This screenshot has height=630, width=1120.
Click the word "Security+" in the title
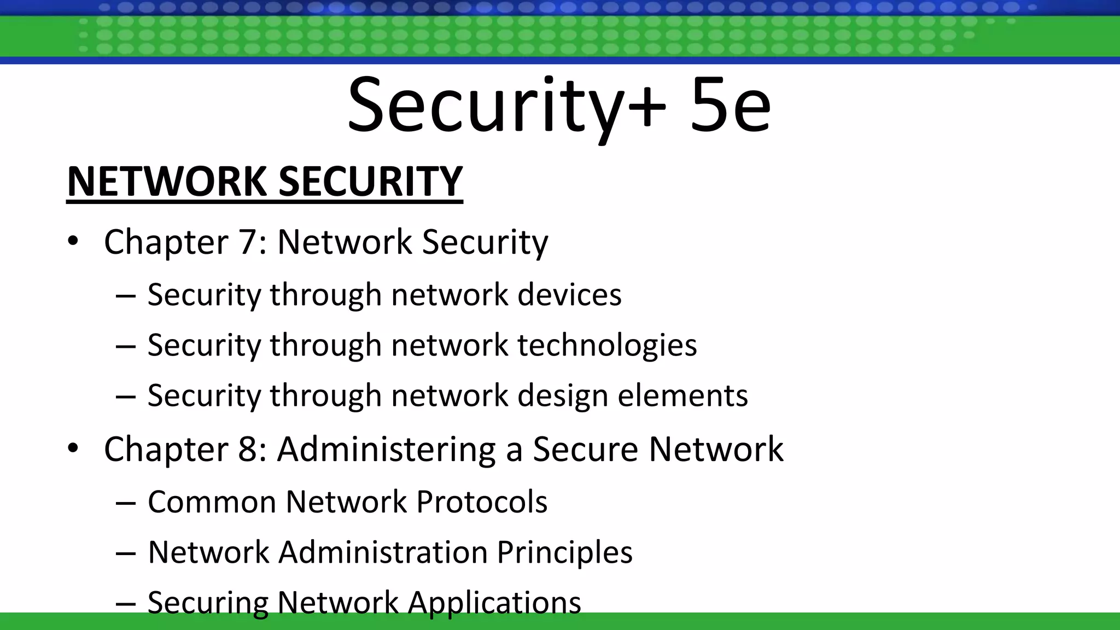(x=506, y=105)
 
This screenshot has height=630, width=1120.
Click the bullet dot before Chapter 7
(x=73, y=241)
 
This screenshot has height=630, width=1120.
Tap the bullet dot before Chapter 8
(x=73, y=448)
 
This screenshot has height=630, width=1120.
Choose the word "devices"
(x=569, y=295)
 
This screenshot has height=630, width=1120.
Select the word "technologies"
(x=607, y=346)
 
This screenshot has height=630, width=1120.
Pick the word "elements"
(x=682, y=396)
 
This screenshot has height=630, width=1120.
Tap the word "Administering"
(x=386, y=450)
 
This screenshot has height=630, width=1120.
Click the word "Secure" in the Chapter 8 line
(x=585, y=450)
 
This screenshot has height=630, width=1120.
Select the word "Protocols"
(x=482, y=501)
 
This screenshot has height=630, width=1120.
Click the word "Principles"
(x=564, y=552)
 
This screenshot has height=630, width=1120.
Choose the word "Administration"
(x=383, y=552)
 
